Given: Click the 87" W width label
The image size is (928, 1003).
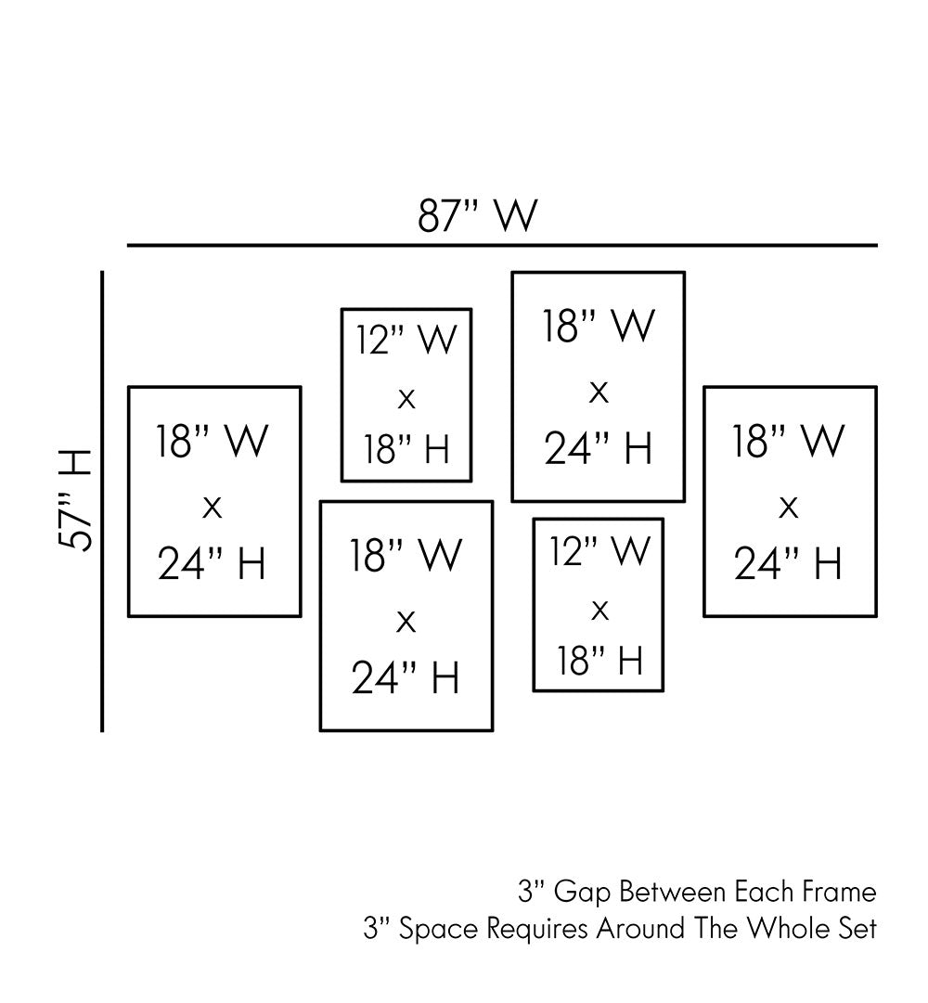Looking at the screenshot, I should click(477, 216).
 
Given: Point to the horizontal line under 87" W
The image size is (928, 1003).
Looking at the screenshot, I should click(501, 246).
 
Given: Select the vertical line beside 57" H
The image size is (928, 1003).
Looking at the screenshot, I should click(102, 501).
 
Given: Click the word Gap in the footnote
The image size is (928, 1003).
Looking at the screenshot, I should click(584, 894).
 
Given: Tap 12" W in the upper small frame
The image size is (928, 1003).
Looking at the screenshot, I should click(406, 340).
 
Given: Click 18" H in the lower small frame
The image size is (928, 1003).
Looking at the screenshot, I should click(599, 660).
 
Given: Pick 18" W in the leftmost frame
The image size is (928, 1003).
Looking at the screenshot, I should click(213, 442).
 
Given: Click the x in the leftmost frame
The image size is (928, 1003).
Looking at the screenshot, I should click(213, 507).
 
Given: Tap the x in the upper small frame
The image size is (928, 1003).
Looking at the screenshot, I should click(406, 400).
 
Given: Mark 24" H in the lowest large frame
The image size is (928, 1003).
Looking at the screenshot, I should click(406, 678).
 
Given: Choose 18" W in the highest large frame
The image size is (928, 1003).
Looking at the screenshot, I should click(599, 327).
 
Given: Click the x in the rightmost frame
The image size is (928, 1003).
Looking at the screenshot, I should click(789, 507).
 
